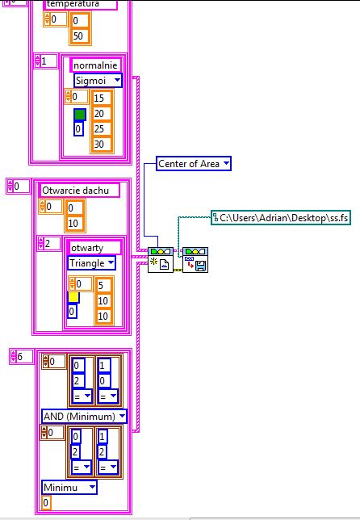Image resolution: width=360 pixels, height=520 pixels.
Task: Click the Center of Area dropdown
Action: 194,163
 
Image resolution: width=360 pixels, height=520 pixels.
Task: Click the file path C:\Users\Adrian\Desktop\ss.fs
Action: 281,218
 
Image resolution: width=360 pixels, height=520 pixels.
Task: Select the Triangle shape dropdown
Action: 91,263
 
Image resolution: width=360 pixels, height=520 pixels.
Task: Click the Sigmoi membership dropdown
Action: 98,81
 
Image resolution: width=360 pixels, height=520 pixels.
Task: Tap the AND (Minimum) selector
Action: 84,416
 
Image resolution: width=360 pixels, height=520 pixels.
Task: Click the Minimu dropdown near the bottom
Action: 69,487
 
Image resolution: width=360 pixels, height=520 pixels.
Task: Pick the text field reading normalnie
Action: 95,65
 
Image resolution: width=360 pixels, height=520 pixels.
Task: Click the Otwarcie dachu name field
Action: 79,191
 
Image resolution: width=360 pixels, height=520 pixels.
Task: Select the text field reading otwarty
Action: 94,248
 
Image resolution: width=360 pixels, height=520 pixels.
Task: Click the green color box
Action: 80,115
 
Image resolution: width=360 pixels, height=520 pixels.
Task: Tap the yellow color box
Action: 73,297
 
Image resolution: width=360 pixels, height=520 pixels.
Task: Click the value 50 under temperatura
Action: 80,36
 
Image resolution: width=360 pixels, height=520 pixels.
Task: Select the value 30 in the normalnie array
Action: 101,145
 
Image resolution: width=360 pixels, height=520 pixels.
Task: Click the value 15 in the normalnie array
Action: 101,99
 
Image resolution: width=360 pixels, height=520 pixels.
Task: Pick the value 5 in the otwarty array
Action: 104,285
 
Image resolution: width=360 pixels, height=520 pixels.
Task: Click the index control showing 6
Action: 22,357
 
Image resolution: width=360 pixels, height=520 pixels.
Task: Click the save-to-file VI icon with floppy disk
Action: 195,260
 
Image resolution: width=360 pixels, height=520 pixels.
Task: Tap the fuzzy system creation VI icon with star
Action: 161,260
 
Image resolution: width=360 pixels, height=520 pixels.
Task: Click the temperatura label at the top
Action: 80,4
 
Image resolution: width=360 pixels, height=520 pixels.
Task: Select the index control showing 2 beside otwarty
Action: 48,244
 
